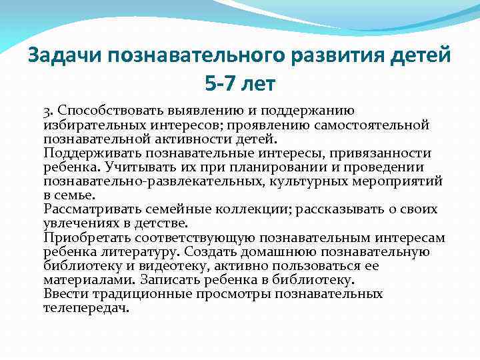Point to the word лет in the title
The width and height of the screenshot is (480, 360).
click(257, 85)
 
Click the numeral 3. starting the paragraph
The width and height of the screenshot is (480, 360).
click(49, 111)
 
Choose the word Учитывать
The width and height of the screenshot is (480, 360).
click(128, 167)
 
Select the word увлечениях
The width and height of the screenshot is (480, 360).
click(81, 223)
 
